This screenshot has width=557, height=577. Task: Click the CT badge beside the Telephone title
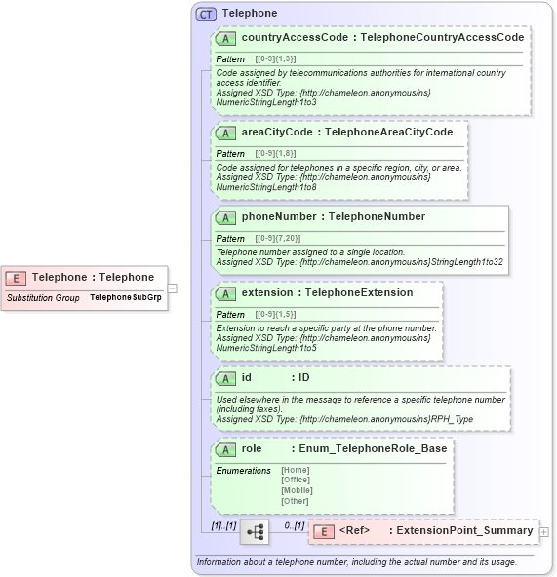click(x=206, y=14)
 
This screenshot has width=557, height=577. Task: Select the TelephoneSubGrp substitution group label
click(x=125, y=296)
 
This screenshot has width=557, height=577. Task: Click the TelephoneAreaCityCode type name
click(x=388, y=132)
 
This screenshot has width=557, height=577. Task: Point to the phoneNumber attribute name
click(x=279, y=216)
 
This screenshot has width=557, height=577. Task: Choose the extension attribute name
click(x=266, y=292)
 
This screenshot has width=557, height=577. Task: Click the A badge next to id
click(x=226, y=378)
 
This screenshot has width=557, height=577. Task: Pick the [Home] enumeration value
click(x=296, y=471)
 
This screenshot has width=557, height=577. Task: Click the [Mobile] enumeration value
click(x=297, y=490)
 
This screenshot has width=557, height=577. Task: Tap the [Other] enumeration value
click(x=295, y=500)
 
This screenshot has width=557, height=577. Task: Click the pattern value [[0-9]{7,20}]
click(x=278, y=239)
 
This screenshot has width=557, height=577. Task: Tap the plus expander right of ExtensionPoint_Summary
click(x=544, y=532)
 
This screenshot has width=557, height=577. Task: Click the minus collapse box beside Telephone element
click(x=173, y=288)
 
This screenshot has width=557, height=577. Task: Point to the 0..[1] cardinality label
click(x=294, y=525)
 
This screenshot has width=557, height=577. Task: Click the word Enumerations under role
click(x=243, y=471)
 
